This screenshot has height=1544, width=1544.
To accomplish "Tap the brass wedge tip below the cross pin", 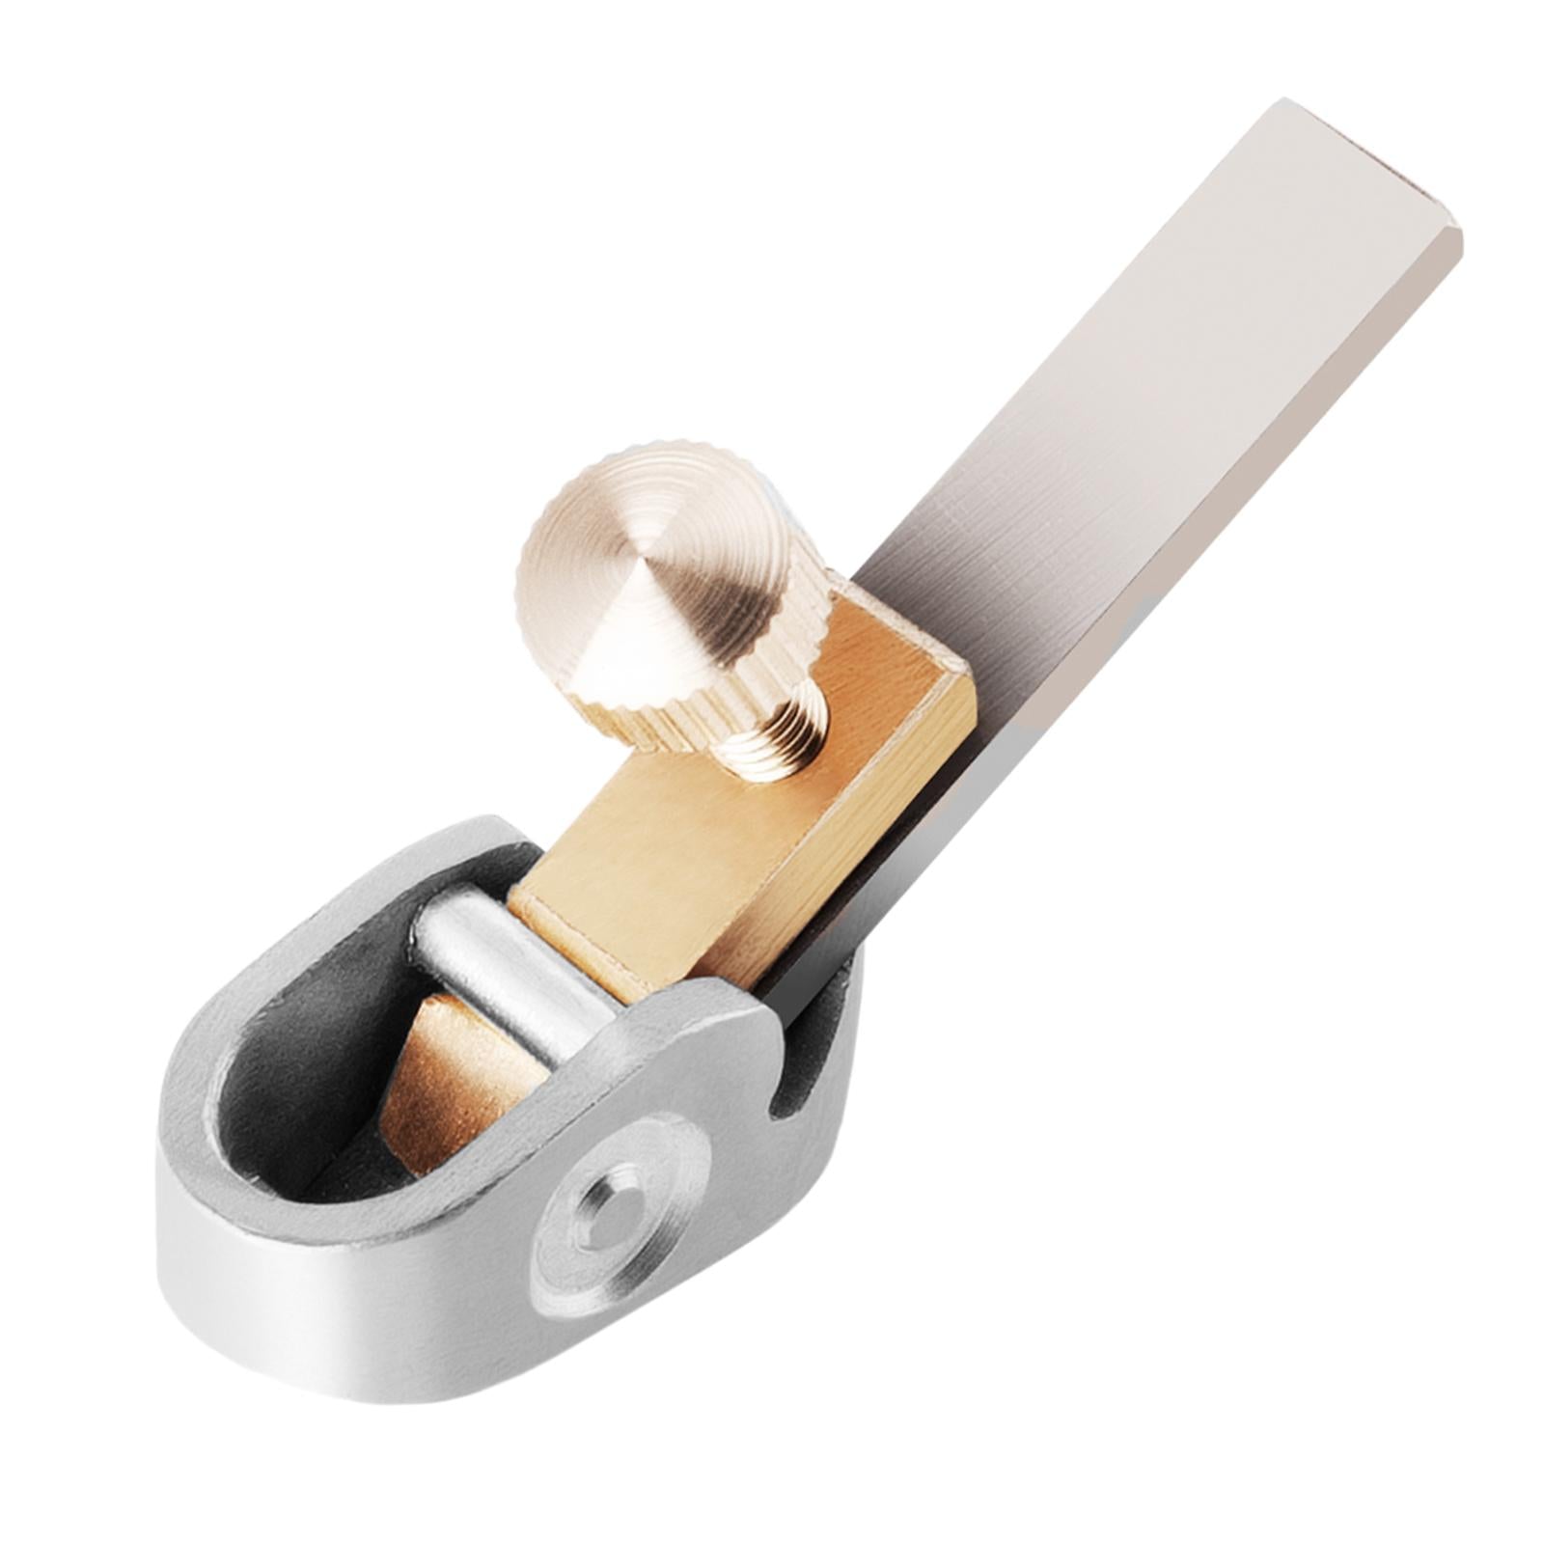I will coord(454,1090).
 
